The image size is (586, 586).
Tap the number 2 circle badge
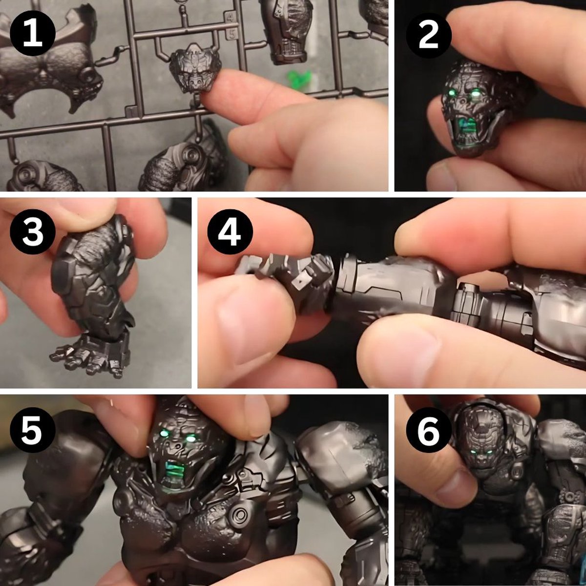428,35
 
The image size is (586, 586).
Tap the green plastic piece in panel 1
299,78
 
